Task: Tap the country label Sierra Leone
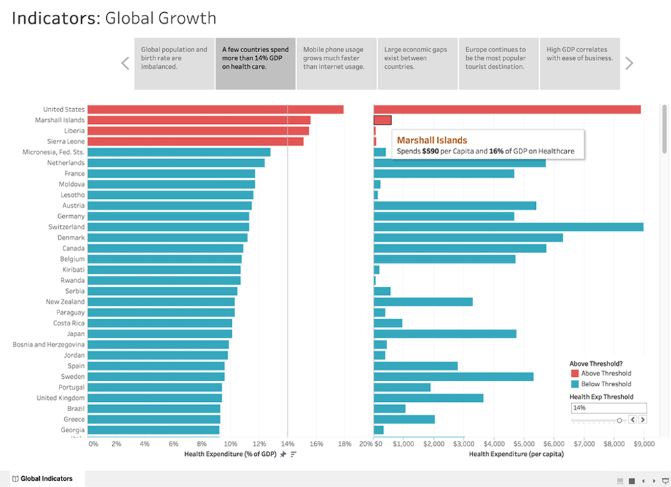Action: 66,141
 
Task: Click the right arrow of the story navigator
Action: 629,64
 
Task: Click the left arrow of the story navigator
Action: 125,64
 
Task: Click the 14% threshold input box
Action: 608,408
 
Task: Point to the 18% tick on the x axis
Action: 344,444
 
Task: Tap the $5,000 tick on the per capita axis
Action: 524,444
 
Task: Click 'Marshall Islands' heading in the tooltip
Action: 432,141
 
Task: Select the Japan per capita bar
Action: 445,334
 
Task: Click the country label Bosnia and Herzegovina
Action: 49,344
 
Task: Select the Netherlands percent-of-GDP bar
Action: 176,163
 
